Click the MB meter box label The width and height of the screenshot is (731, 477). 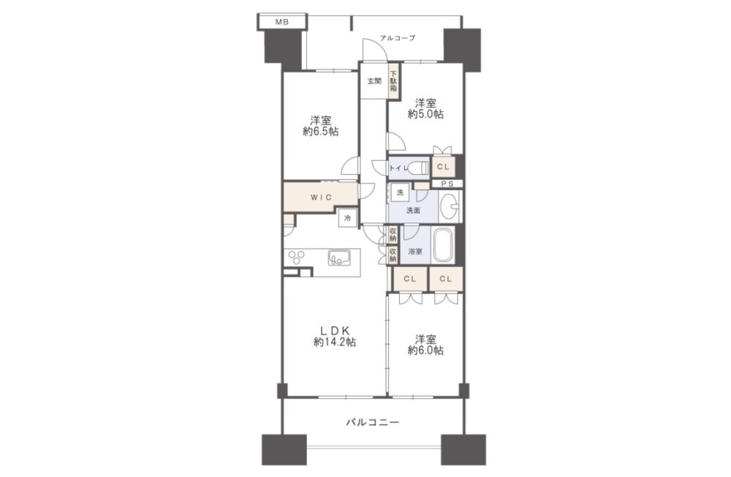(281, 21)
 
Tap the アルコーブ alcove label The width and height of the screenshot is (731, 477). (398, 38)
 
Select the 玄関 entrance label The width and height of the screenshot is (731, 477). (374, 81)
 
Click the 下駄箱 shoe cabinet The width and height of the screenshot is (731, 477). (393, 80)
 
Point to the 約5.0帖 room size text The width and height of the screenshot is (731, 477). (425, 114)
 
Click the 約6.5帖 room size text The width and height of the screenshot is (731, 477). (320, 132)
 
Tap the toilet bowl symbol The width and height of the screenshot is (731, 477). (420, 167)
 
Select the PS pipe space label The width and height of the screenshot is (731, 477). (447, 184)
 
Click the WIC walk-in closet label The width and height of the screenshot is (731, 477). (321, 198)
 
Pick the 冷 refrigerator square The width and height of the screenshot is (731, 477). (347, 217)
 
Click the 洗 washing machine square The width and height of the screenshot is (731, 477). (400, 192)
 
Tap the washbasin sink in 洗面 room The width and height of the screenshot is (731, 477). (449, 206)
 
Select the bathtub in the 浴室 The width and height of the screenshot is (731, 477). (444, 245)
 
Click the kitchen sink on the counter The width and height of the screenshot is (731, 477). (339, 258)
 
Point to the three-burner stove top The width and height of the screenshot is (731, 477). (297, 258)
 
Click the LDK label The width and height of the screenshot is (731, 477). (334, 329)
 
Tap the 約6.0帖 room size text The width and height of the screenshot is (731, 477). (425, 350)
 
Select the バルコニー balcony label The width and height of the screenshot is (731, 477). (373, 423)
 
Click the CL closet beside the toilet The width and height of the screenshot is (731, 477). (443, 167)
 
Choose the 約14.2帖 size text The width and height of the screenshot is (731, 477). (335, 342)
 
